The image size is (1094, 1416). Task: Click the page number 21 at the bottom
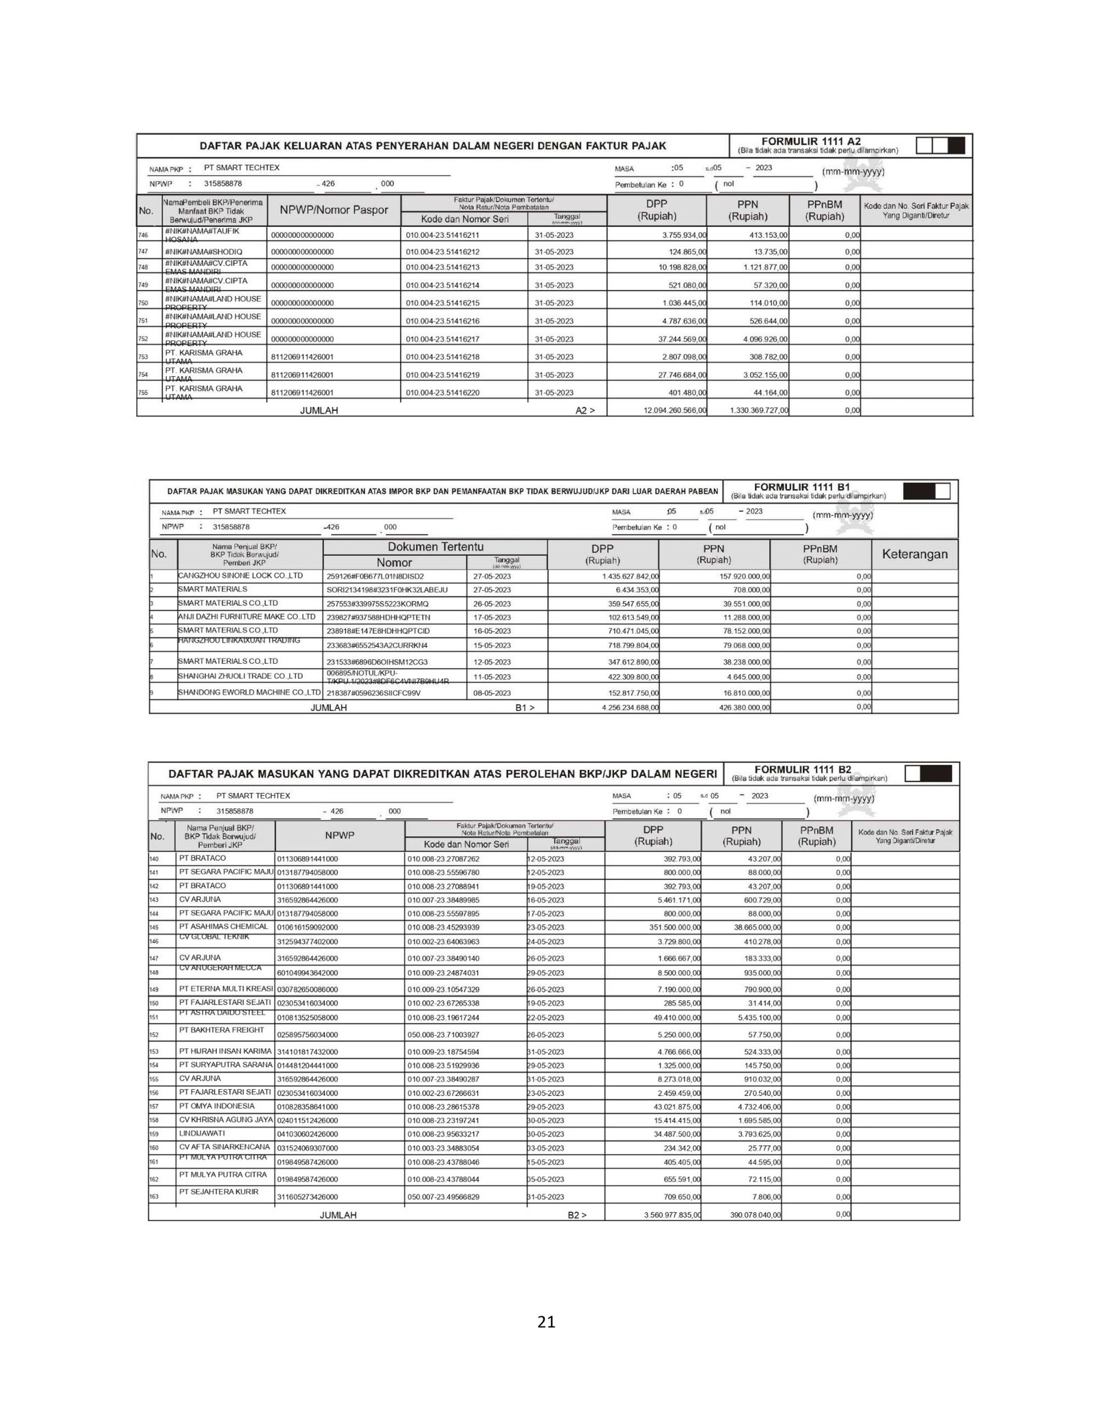point(546,1341)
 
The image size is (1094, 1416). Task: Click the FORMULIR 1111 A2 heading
point(811,142)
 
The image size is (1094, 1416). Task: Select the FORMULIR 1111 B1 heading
point(801,487)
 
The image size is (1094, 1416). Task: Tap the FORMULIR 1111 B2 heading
point(803,769)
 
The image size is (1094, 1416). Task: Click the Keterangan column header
point(914,554)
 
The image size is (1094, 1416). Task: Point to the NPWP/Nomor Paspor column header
point(334,211)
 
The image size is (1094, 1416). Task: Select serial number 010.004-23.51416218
point(442,357)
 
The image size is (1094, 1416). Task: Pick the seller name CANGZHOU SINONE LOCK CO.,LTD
point(240,576)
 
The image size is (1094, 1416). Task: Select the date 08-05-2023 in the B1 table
point(492,693)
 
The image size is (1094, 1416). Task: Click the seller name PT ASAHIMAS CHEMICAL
point(224,926)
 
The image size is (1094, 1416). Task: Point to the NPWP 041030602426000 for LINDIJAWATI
point(307,1134)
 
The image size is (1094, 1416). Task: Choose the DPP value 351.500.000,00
point(666,928)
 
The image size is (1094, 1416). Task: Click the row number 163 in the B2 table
point(154,1197)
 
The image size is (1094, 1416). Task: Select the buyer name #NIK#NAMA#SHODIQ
point(203,252)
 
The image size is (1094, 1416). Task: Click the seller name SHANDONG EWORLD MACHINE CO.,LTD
point(249,692)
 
